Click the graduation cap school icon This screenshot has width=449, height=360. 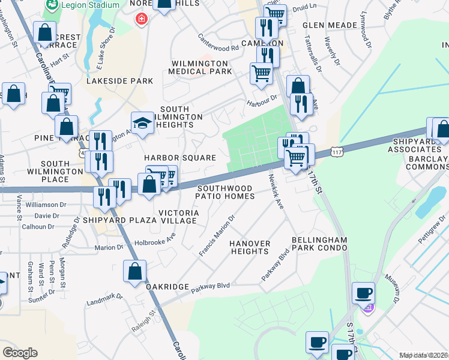tap(142, 123)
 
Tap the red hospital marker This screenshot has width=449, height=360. tap(142, 19)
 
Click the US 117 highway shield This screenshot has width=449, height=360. tap(337, 154)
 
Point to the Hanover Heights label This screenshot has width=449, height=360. tap(250, 247)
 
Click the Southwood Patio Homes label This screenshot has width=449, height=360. tap(226, 192)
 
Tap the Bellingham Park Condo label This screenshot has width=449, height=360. tap(319, 244)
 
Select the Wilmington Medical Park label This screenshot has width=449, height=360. tap(200, 67)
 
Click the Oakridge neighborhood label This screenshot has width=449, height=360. tap(167, 287)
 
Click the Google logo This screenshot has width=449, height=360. tap(20, 352)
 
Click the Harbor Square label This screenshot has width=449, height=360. tap(180, 158)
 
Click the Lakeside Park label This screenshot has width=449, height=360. tap(119, 80)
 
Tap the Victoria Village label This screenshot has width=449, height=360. tap(178, 217)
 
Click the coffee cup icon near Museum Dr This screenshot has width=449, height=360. tap(363, 293)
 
